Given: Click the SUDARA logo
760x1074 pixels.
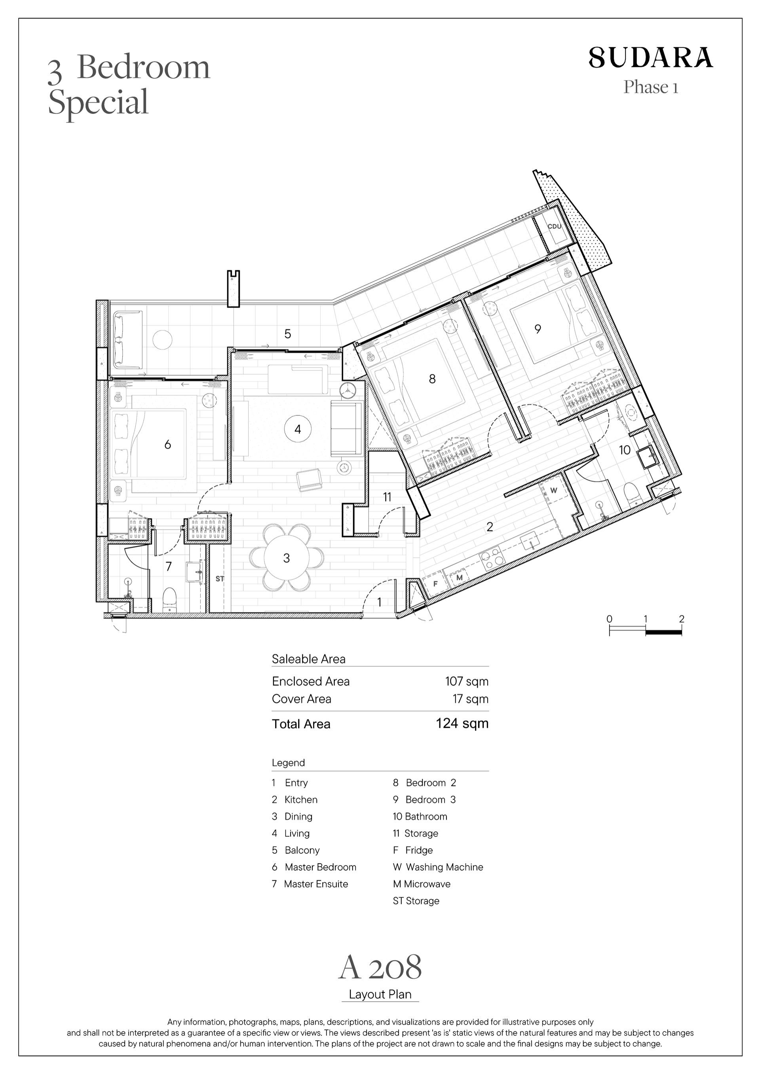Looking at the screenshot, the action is (x=650, y=57).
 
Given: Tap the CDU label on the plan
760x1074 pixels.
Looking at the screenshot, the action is (x=554, y=226).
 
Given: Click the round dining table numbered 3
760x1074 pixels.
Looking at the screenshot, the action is (x=287, y=558).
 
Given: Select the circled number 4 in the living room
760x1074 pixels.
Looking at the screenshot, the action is (x=298, y=429).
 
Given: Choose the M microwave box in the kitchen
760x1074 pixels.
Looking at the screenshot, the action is (x=459, y=578).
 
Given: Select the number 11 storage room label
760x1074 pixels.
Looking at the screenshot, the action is (x=387, y=497).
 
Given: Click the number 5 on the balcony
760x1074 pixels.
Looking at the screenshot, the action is (x=288, y=334).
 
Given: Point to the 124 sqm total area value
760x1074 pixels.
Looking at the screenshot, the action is (x=462, y=723).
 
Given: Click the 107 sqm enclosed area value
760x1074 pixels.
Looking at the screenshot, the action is (x=467, y=681).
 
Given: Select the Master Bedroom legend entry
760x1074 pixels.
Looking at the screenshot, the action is (x=314, y=867).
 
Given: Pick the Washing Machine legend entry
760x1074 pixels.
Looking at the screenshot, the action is (x=438, y=867).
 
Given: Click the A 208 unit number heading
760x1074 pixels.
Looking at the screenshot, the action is (x=380, y=967).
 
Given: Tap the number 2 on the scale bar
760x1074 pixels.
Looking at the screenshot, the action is (x=681, y=618).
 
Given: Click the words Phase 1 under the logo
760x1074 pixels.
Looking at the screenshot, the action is (x=650, y=87).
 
